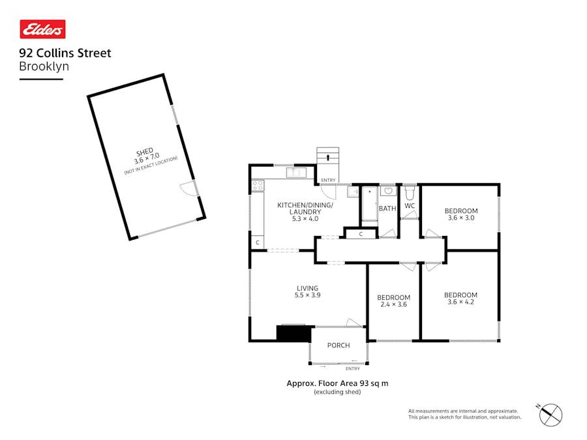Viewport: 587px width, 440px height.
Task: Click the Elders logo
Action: coord(42,29)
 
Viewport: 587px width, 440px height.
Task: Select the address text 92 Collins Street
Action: coord(65,53)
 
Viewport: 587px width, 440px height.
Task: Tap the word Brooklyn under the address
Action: coord(44,66)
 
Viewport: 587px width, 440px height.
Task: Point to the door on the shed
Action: coord(188,189)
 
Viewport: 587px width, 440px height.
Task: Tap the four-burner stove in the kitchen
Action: coord(257,186)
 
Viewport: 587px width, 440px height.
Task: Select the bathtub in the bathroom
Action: coord(369,203)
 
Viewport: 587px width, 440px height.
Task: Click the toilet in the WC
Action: coord(410,193)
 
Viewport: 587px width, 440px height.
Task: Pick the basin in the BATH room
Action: coord(388,192)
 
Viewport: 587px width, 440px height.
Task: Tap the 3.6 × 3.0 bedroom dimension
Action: coord(461,218)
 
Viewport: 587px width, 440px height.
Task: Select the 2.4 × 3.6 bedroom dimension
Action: coord(393,304)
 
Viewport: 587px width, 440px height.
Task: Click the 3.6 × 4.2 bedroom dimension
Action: coord(461,302)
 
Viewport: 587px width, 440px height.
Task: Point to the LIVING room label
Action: coord(308,288)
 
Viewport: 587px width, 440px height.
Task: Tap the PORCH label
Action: coord(339,345)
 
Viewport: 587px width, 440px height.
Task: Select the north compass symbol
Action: coord(551,413)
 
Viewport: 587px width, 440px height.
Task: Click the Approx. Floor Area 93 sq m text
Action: coord(337,383)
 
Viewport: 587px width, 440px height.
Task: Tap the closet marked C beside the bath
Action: coord(361,234)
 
